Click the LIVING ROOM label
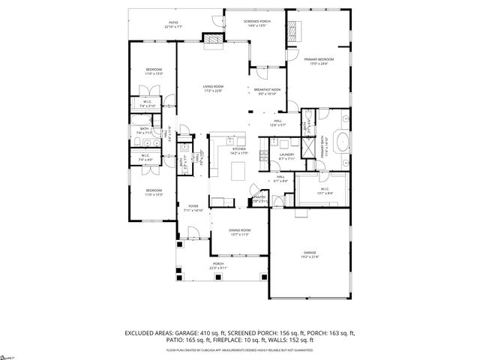point(213,86)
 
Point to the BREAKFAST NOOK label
point(267,89)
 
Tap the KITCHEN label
point(239,149)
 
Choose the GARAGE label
point(310,253)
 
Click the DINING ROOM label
point(240,229)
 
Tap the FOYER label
point(193,208)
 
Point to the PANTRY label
point(259,197)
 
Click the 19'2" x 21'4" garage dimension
point(310,257)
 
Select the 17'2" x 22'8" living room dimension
point(213,91)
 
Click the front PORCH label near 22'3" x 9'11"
point(218,264)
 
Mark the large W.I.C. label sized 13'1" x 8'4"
point(324,188)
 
